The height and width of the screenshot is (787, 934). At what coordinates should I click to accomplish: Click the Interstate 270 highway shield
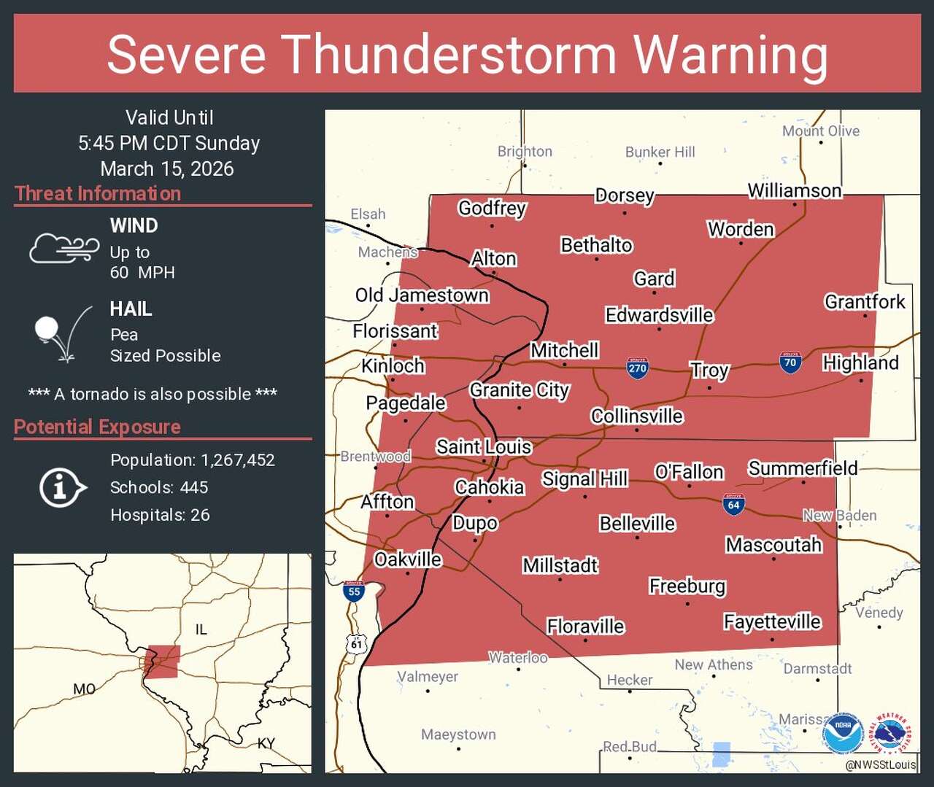point(638,368)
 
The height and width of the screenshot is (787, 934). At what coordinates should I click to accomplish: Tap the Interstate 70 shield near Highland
point(790,363)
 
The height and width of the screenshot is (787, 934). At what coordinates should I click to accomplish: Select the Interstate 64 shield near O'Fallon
point(733,504)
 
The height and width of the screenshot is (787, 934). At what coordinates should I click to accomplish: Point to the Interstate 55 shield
point(354,591)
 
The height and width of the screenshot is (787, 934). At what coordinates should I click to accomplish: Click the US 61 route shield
point(356,643)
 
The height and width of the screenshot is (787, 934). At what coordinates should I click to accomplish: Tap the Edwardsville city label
point(659,315)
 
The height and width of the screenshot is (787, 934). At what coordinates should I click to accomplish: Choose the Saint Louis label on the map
point(484,446)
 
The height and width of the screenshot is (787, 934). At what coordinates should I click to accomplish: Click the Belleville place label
point(637,524)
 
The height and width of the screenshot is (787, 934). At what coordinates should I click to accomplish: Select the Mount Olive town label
point(820,131)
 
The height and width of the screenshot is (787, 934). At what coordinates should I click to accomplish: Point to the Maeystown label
point(458,734)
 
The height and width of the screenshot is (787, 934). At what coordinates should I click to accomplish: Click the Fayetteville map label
point(772,621)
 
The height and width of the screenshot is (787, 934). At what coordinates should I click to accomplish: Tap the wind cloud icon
point(63,248)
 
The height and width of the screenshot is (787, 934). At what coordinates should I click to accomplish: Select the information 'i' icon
point(61,487)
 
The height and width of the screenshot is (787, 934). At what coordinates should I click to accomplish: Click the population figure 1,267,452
point(238,460)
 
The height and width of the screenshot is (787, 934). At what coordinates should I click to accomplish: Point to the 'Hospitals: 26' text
point(160,515)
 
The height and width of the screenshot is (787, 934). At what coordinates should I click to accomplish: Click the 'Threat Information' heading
point(98,193)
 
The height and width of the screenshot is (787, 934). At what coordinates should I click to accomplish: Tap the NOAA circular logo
point(843,733)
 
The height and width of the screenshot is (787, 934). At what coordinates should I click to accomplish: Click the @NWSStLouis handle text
point(880,764)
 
